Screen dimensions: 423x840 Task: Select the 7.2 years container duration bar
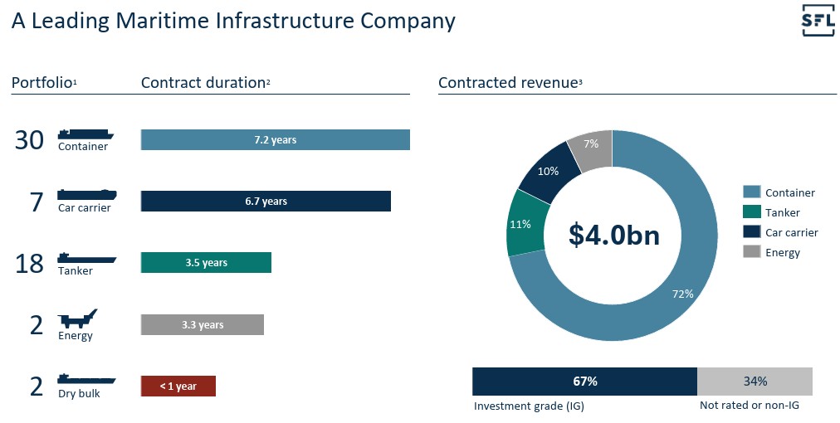[x=275, y=140]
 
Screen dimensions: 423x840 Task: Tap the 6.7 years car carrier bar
[x=266, y=201]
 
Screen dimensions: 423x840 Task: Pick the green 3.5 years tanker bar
[x=206, y=262]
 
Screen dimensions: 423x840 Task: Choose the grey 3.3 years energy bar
[x=202, y=324]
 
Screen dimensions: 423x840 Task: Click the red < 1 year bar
[x=178, y=386]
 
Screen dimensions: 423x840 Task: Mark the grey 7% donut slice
[x=592, y=147]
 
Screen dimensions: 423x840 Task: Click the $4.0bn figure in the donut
[x=614, y=235]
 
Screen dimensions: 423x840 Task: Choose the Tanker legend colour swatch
[x=751, y=212]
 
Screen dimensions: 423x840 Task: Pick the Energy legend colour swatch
[x=751, y=252]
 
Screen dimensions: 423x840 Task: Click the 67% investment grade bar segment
[x=584, y=382]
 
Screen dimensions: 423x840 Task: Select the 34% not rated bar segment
[x=755, y=382]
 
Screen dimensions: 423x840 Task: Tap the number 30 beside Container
[x=29, y=140]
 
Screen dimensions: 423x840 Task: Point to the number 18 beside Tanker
[x=29, y=263]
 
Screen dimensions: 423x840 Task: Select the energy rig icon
[x=77, y=319]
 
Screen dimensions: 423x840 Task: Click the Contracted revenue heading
[x=507, y=82]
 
